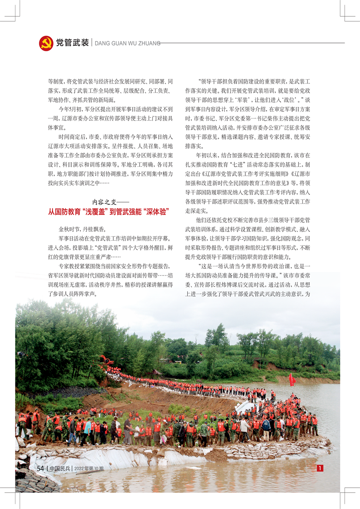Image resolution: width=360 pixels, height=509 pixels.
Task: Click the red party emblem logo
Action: pos(46,44)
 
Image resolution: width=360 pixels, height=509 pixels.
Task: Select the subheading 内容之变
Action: pos(111,202)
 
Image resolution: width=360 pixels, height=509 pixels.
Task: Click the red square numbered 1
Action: pos(320,468)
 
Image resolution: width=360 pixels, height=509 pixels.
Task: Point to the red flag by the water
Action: pos(292,379)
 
